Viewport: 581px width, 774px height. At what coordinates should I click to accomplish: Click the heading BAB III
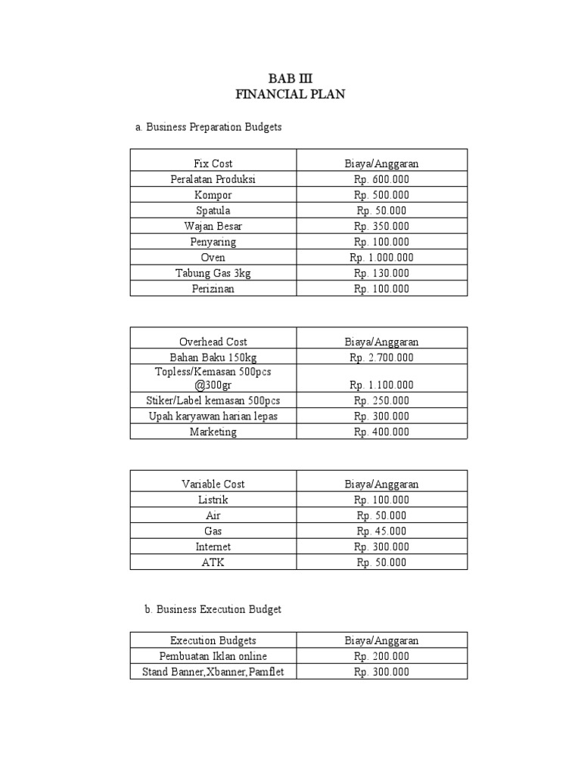290,79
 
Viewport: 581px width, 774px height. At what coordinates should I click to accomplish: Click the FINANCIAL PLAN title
290,94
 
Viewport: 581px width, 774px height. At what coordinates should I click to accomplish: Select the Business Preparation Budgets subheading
208,127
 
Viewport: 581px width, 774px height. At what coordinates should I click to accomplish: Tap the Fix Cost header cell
213,163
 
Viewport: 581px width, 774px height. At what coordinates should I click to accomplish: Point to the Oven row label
213,257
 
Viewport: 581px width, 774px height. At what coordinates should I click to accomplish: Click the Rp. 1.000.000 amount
381,257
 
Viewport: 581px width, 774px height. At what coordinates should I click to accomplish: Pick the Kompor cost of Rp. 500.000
381,195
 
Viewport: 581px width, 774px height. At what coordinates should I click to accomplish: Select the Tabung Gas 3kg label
213,273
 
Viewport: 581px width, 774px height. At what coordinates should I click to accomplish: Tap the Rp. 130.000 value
381,273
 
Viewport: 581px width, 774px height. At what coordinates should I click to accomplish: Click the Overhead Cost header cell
213,342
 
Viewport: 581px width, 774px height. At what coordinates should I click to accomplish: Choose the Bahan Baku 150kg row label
213,358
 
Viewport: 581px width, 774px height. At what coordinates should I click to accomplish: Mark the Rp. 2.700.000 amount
381,358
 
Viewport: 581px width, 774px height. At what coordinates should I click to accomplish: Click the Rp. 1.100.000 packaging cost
381,385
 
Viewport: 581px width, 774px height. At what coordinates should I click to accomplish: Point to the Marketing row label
213,432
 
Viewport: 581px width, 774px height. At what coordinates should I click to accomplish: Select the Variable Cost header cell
213,484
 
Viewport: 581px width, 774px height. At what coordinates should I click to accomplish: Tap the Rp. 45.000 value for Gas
381,531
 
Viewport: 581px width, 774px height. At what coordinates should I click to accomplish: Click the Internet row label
213,546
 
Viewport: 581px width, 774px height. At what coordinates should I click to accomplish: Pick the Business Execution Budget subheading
208,609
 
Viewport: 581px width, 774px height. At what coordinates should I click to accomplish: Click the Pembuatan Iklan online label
213,656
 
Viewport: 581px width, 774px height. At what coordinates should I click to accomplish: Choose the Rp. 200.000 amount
381,656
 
